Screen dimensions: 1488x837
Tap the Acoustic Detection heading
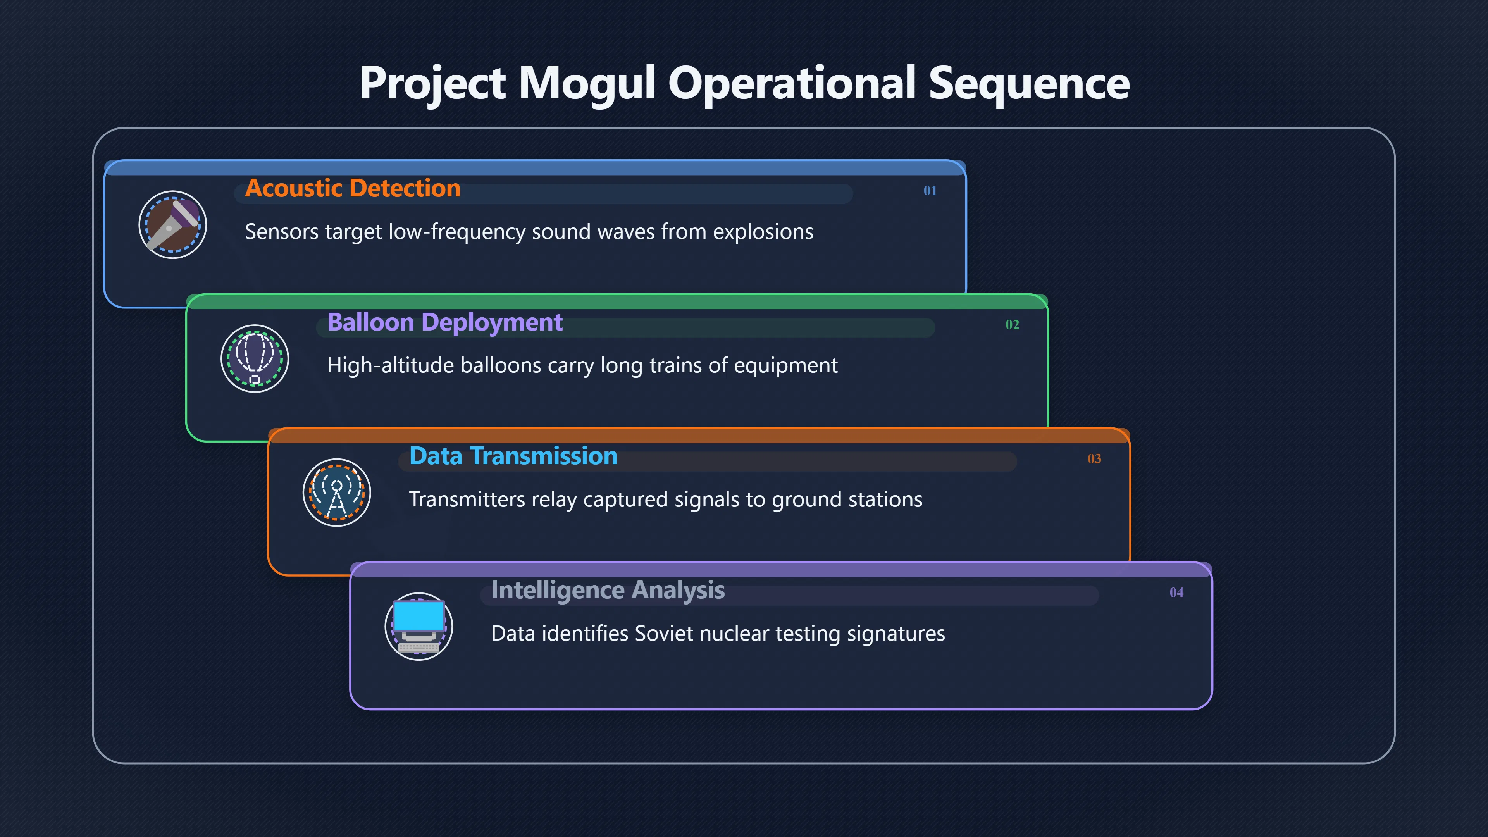[352, 188]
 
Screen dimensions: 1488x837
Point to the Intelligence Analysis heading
[608, 590]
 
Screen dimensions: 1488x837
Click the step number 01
[930, 191]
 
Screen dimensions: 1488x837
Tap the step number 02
[1012, 325]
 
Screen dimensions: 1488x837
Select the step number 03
[1094, 459]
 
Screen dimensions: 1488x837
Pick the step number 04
[1176, 592]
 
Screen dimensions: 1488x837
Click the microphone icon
[173, 225]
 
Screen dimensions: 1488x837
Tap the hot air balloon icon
[255, 359]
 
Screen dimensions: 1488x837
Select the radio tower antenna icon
[337, 493]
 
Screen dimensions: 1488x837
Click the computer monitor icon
[419, 627]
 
